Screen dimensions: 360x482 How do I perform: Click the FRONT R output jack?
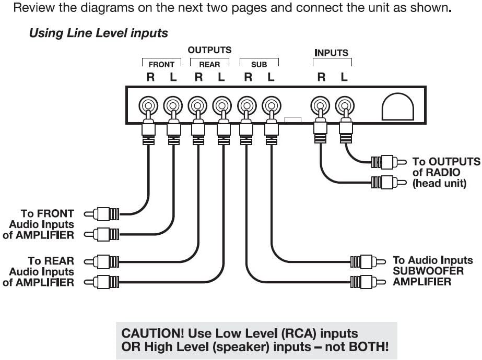[x=148, y=106]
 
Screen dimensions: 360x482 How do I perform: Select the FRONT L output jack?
[x=173, y=106]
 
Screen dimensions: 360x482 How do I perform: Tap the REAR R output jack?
[x=198, y=106]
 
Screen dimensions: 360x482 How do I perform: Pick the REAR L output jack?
[x=222, y=106]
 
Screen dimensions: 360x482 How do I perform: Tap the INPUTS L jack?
[x=345, y=106]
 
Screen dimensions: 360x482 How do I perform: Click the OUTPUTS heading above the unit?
[x=209, y=50]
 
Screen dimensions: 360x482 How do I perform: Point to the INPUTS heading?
[x=331, y=53]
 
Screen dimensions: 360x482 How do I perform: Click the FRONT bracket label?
[x=161, y=65]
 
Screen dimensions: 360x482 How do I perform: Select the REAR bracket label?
[x=209, y=65]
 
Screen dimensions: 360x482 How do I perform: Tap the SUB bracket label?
[x=259, y=65]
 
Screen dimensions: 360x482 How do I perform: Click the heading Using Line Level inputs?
[x=98, y=33]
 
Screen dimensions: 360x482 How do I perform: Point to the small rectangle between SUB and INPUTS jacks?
[x=293, y=119]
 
